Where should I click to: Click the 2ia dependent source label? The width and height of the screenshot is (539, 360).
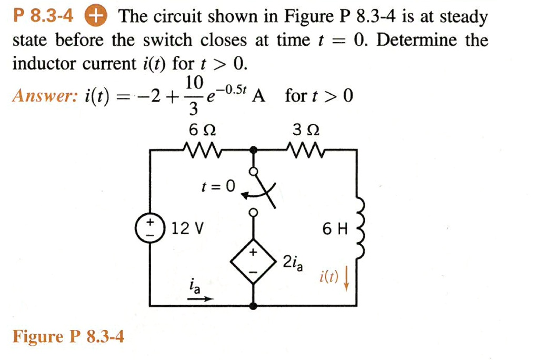click(293, 262)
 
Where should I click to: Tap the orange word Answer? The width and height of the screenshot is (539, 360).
click(45, 96)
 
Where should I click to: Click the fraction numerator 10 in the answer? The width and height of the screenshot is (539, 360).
click(194, 82)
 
